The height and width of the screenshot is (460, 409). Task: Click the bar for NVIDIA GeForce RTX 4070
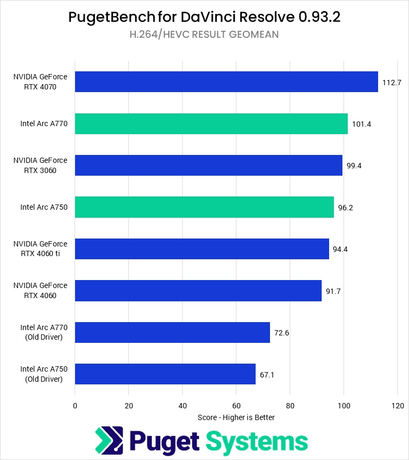(x=226, y=81)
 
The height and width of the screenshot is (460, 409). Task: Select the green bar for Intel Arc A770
(x=211, y=124)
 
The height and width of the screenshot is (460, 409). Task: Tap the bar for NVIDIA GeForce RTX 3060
(x=209, y=165)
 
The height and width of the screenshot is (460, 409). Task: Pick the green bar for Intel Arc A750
(x=204, y=207)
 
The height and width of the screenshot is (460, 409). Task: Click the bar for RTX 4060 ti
(x=202, y=249)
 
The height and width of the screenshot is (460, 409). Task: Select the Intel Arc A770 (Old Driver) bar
(x=173, y=332)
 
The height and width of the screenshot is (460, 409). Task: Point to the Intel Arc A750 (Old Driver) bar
(x=165, y=374)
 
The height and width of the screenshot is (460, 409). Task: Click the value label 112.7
(x=391, y=82)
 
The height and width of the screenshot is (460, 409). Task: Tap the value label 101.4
(x=362, y=124)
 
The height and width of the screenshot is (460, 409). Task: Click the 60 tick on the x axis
(x=236, y=406)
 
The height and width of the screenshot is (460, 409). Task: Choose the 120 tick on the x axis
(x=397, y=406)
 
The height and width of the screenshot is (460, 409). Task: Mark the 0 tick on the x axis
(x=75, y=406)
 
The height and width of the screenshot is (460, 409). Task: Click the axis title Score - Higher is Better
(x=236, y=417)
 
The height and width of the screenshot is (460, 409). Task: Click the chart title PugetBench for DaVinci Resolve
(x=204, y=17)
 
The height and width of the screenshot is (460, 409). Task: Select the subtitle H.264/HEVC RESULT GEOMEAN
(x=204, y=35)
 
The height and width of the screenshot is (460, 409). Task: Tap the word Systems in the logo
(x=257, y=441)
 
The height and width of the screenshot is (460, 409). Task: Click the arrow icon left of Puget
(x=109, y=441)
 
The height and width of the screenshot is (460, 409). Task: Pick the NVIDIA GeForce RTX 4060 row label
(x=40, y=291)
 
